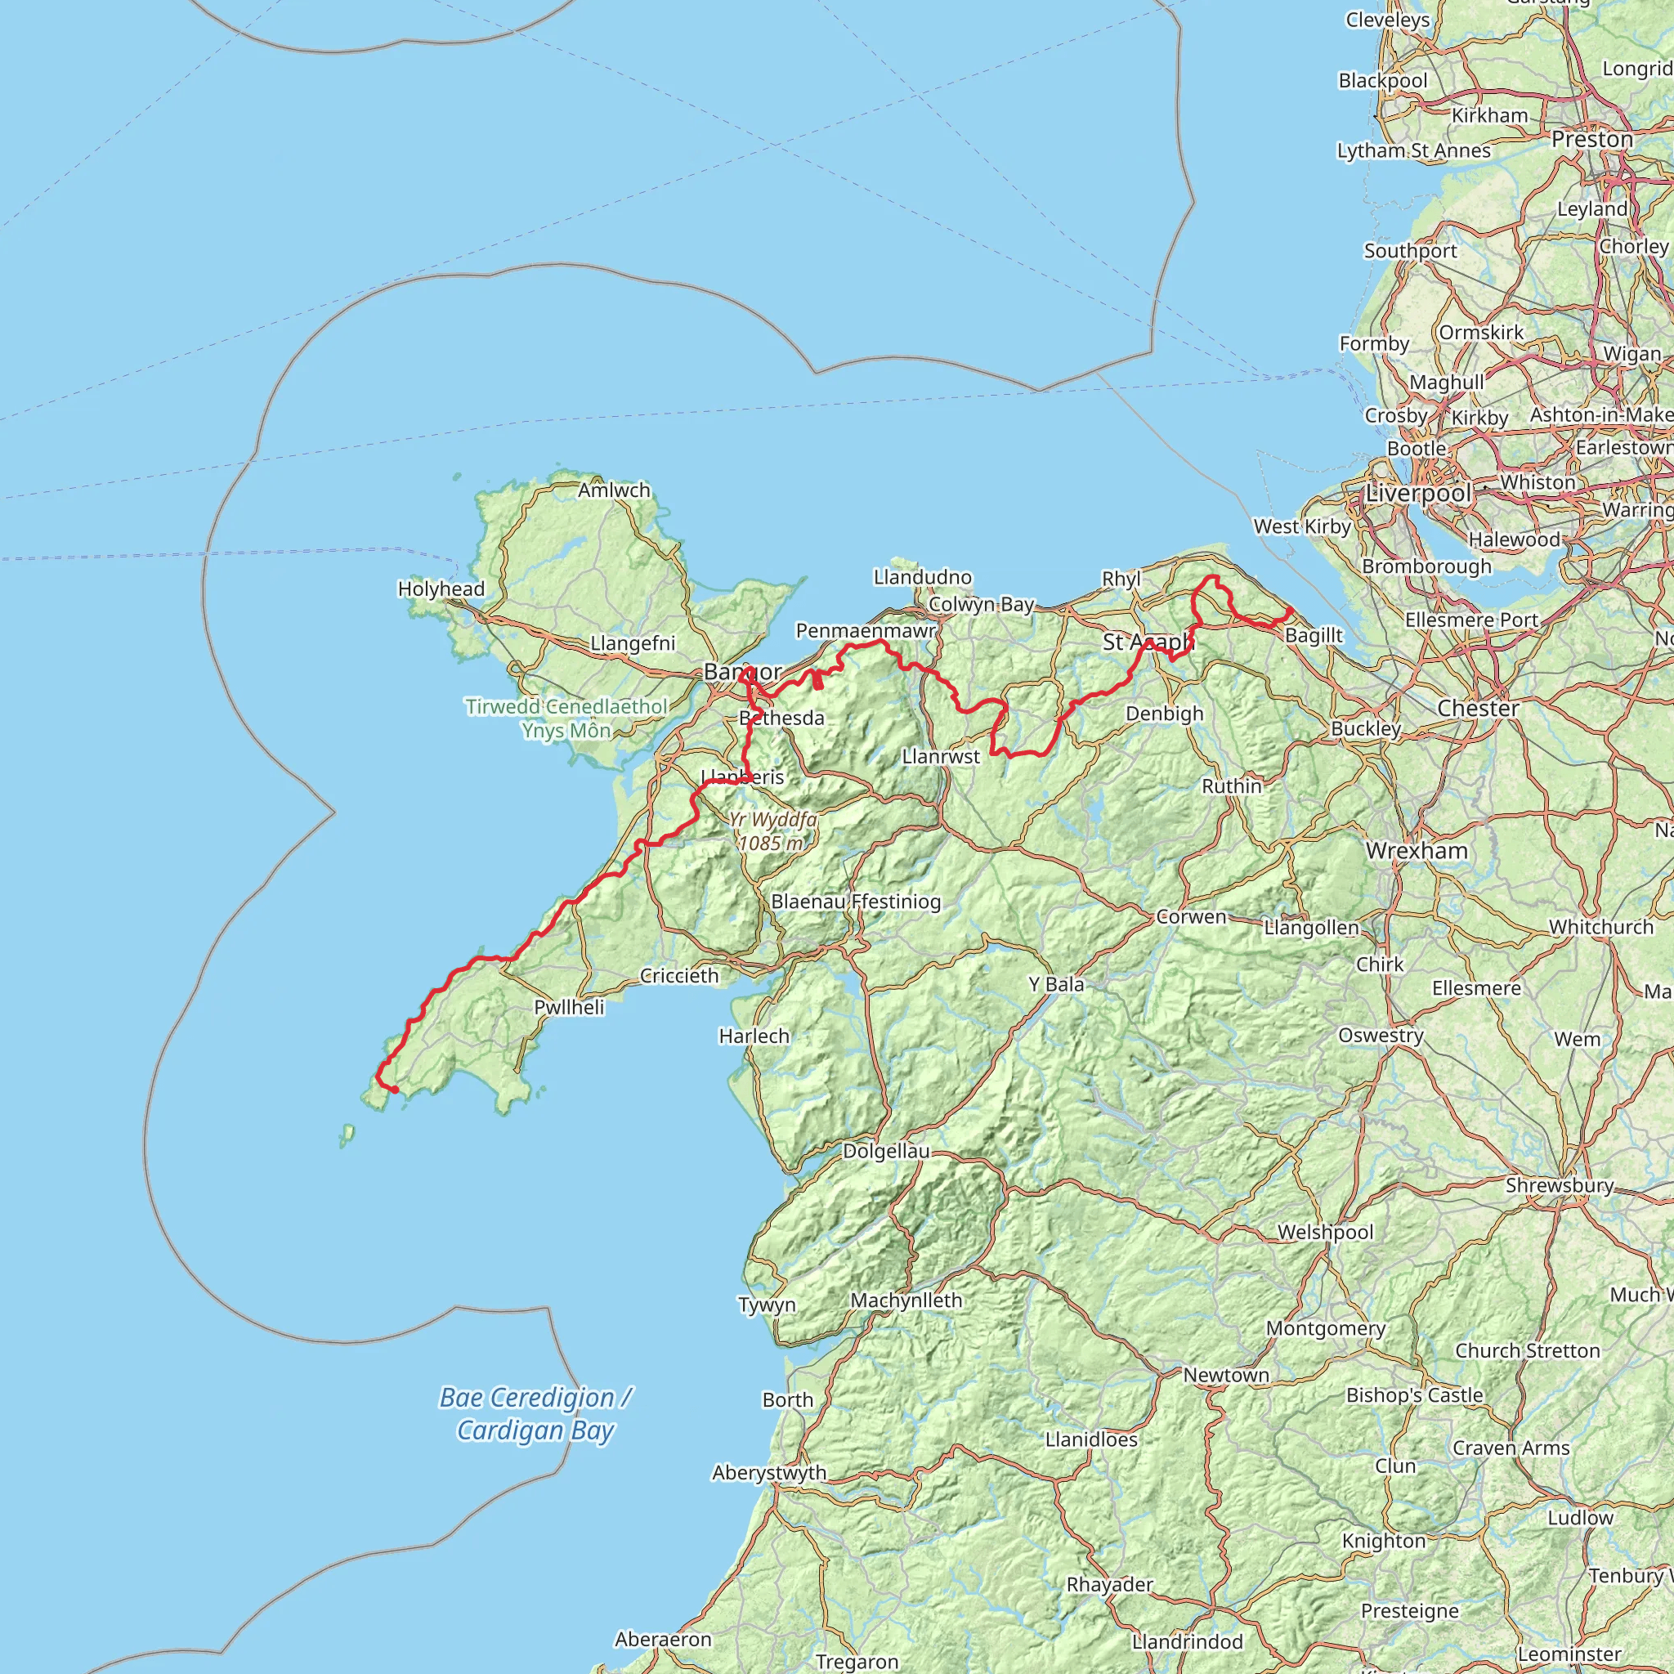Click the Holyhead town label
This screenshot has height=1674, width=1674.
coord(441,589)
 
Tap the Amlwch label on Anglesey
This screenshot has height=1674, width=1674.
coord(614,490)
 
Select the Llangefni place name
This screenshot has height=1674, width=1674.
coord(633,644)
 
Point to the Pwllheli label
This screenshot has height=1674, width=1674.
coord(569,1008)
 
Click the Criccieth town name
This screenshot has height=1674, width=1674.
coord(679,977)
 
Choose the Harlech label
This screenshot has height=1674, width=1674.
coord(754,1036)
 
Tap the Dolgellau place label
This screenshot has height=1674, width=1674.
coord(885,1152)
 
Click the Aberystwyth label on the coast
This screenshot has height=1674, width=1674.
coord(769,1473)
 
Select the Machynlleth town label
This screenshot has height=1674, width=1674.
coord(906,1300)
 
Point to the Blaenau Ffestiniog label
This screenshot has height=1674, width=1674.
coord(855,902)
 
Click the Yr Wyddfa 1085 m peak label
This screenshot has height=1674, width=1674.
coord(772,831)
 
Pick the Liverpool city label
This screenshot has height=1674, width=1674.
coord(1417,494)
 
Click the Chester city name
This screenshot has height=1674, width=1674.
coord(1478,709)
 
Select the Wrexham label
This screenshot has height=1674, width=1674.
coord(1417,851)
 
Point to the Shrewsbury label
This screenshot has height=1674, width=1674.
coord(1560,1185)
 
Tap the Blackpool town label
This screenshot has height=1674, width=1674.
coord(1383,81)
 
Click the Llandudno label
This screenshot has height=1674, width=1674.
coord(923,577)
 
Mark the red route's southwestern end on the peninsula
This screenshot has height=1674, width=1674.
coord(395,1090)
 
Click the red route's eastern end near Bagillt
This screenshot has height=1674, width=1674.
coord(1290,610)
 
